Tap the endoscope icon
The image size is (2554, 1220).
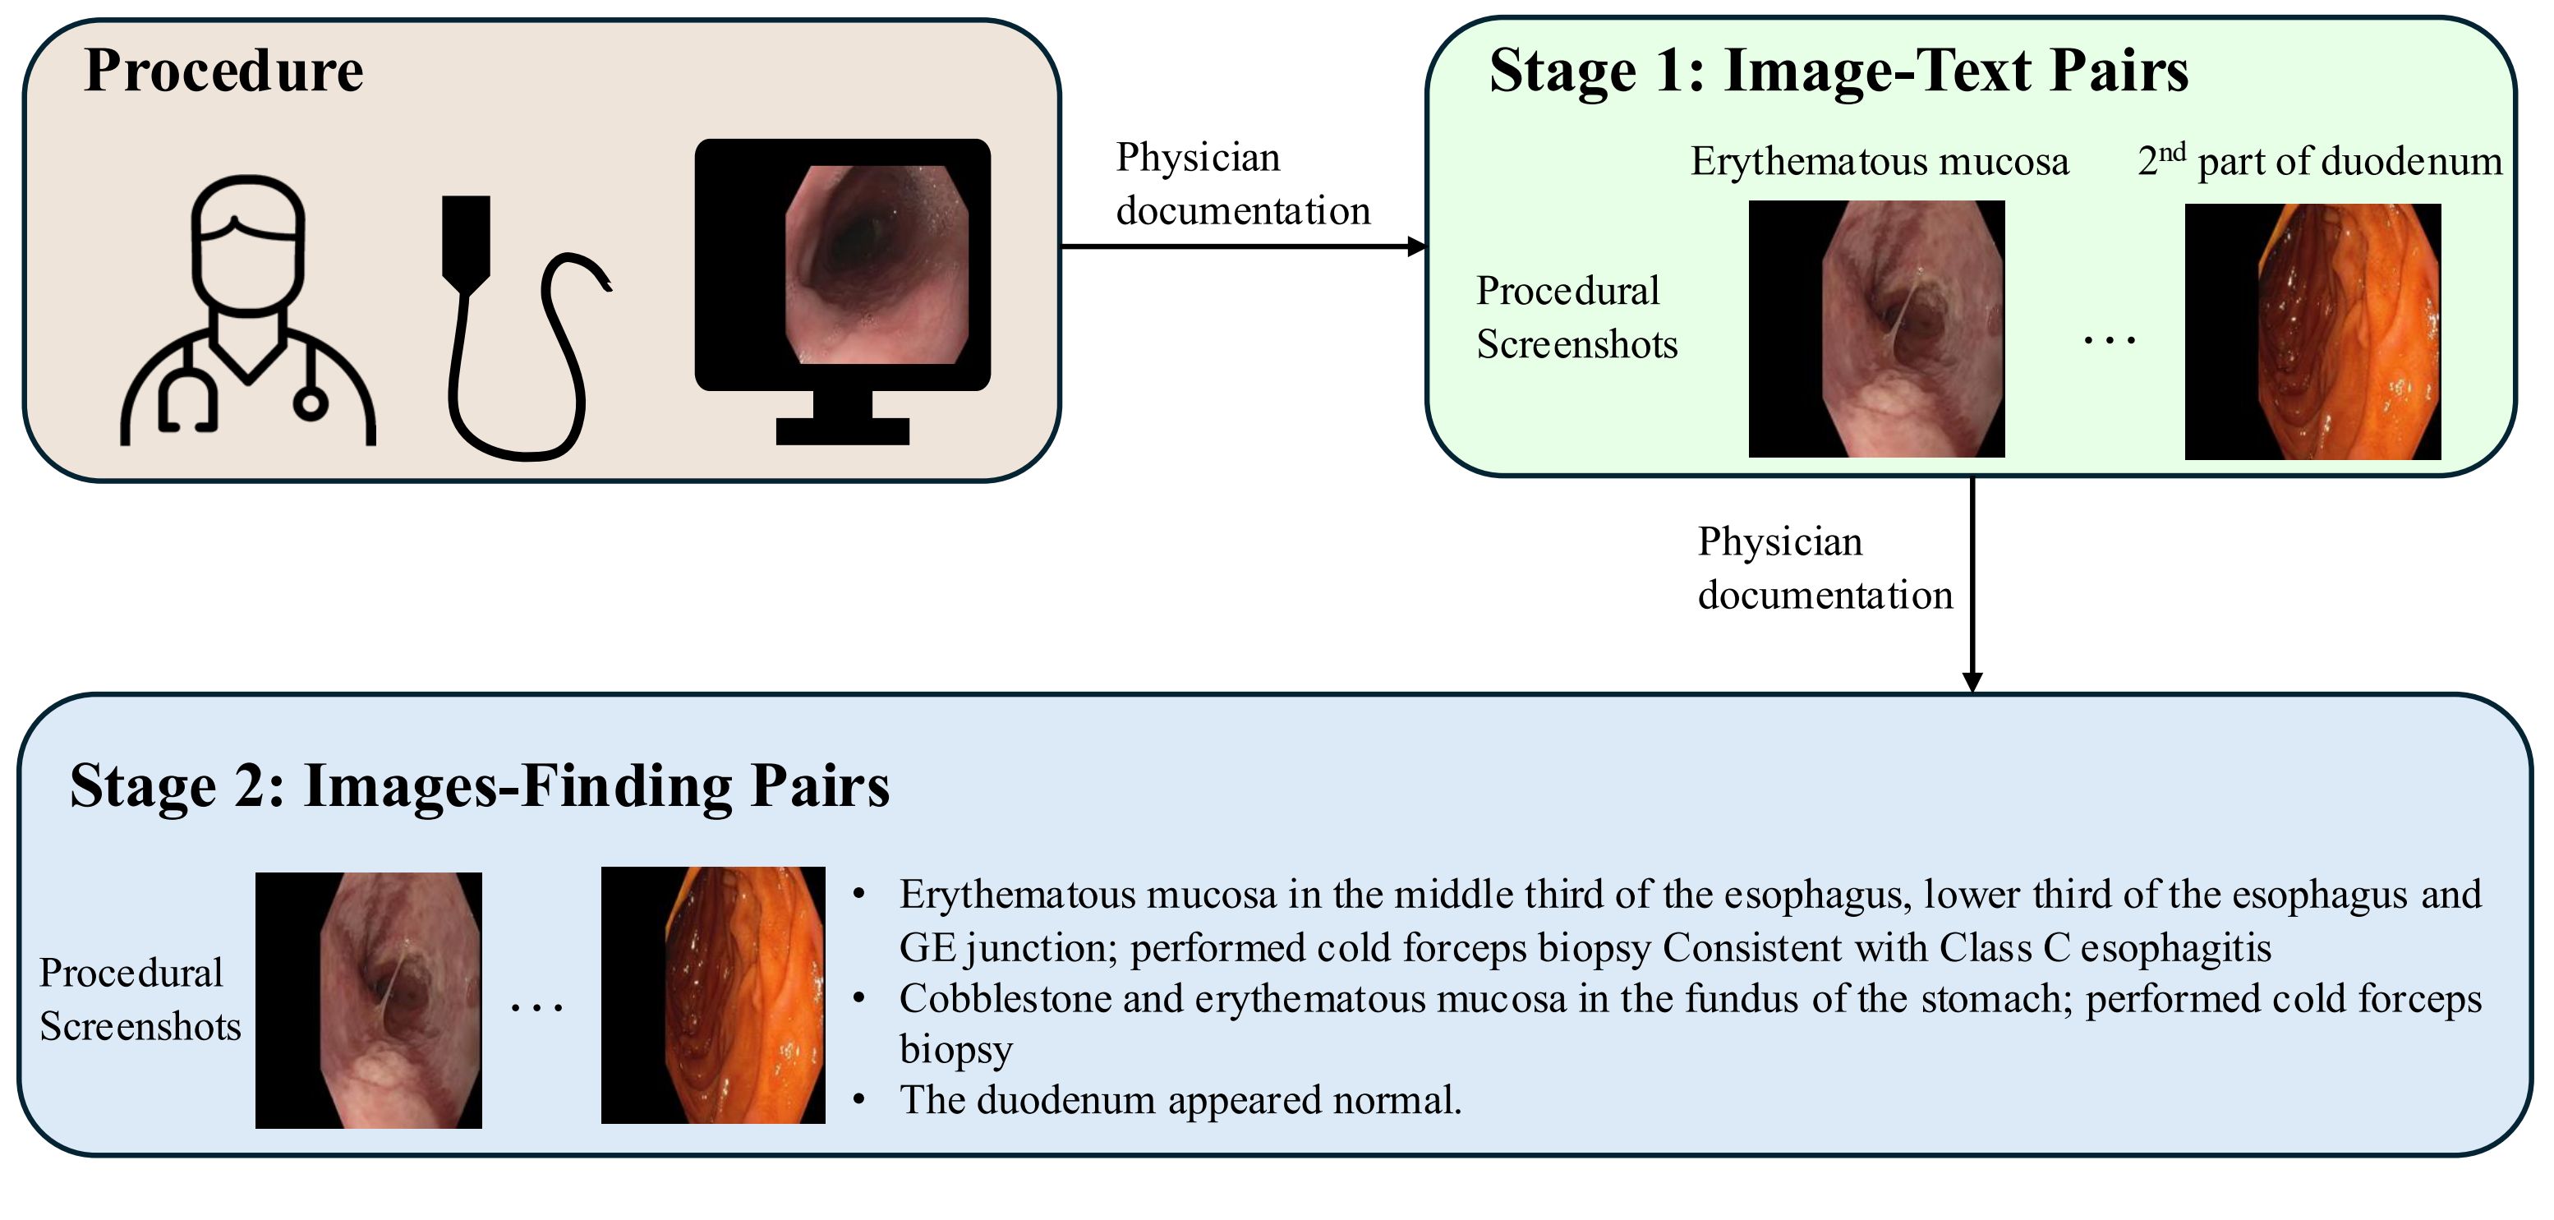[x=516, y=327]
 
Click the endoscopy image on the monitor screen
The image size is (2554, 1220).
[x=877, y=264]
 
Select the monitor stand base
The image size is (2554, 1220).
[x=842, y=430]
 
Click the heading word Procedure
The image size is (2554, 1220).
[x=224, y=71]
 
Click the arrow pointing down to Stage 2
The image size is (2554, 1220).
[x=1972, y=585]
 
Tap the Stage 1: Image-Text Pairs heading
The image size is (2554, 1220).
[x=1838, y=71]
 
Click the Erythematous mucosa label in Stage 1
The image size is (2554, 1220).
[x=1879, y=162]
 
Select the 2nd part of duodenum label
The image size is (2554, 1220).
[x=2319, y=162]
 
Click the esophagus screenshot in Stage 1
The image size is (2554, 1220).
[x=1875, y=329]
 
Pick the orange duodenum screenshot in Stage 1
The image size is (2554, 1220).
[x=2312, y=331]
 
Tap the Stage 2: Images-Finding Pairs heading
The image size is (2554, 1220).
[x=480, y=785]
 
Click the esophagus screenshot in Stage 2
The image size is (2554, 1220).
[x=369, y=1000]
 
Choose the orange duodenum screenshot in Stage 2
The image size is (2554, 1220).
[x=713, y=995]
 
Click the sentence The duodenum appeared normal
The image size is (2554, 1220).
[x=1180, y=1100]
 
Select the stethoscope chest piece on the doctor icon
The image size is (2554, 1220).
[x=311, y=403]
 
